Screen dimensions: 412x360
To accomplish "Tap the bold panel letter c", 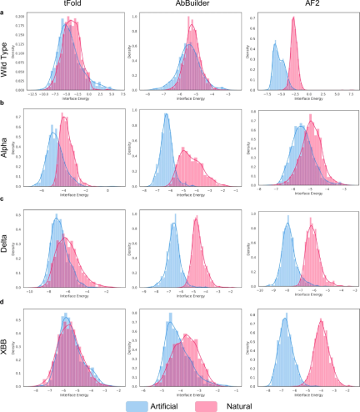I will tap(3, 199).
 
